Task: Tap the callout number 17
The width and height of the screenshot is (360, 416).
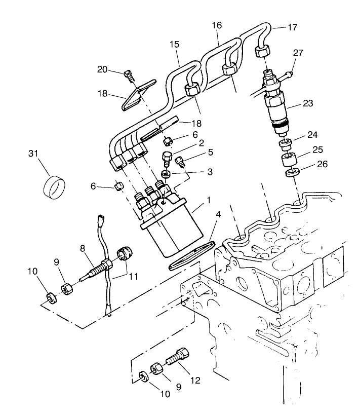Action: click(x=293, y=28)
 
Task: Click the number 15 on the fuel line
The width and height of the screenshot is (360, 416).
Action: click(x=174, y=45)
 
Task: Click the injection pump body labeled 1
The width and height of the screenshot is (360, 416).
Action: click(x=167, y=225)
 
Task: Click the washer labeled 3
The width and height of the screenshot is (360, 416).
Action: click(x=166, y=175)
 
